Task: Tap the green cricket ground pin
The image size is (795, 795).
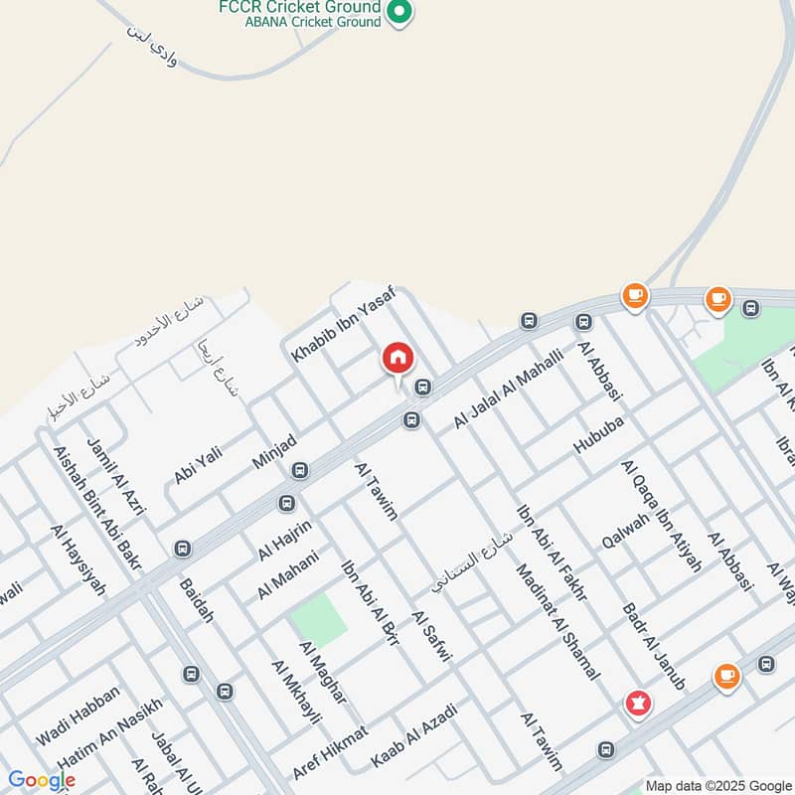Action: [x=399, y=12]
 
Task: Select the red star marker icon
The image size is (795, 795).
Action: [x=636, y=704]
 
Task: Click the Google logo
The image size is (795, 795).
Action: [x=42, y=780]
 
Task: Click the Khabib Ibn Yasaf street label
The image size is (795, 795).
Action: [x=343, y=323]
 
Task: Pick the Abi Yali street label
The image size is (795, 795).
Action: [x=198, y=464]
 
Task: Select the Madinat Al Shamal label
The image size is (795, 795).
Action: [x=557, y=621]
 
